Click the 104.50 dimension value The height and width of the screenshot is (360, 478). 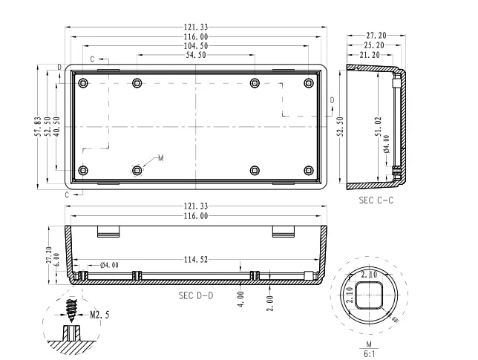[x=195, y=46]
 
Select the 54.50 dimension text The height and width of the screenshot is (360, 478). [x=195, y=56]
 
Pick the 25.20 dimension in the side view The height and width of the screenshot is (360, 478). [x=373, y=45]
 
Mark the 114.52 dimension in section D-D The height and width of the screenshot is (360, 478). [x=195, y=260]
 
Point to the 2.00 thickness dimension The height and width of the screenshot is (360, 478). [x=269, y=303]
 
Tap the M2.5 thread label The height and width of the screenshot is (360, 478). [x=99, y=314]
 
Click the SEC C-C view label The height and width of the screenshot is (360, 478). [x=374, y=201]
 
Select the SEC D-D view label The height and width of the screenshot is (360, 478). [x=195, y=295]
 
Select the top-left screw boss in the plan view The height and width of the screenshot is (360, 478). [x=83, y=82]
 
